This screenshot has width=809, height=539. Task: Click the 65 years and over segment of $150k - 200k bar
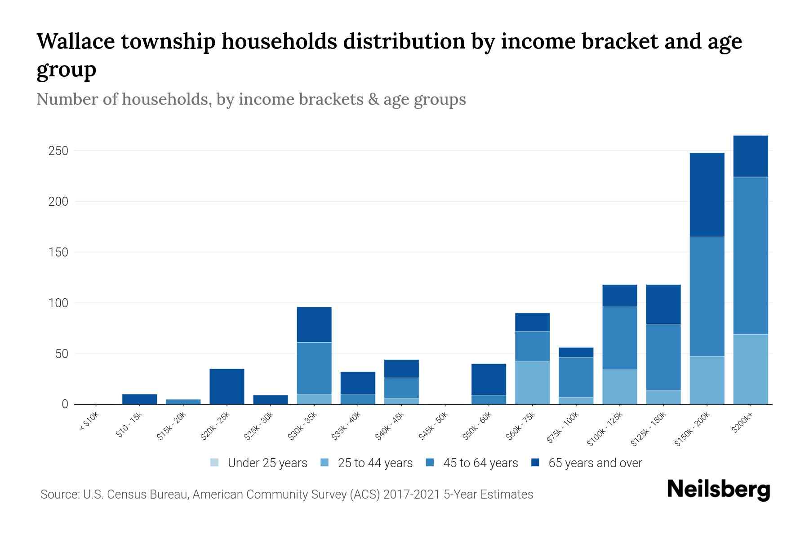707,194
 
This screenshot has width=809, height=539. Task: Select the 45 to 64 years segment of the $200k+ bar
751,255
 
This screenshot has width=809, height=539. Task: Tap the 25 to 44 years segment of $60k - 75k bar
532,383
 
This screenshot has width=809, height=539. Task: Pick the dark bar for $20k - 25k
227,386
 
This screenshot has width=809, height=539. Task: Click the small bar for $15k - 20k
183,402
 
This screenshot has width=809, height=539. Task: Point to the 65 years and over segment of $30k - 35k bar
314,324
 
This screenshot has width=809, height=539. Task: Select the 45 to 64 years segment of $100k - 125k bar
620,338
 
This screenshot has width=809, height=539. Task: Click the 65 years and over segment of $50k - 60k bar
489,379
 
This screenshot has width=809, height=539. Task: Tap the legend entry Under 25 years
258,463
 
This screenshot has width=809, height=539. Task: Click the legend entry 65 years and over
587,463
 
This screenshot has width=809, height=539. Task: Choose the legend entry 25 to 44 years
366,463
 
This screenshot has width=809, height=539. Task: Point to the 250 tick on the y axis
58,151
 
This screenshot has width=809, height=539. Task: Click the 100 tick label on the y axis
58,303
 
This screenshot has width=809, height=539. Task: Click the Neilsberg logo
718,490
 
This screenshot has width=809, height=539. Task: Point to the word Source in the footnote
59,495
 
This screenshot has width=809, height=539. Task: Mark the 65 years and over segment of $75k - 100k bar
576,352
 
